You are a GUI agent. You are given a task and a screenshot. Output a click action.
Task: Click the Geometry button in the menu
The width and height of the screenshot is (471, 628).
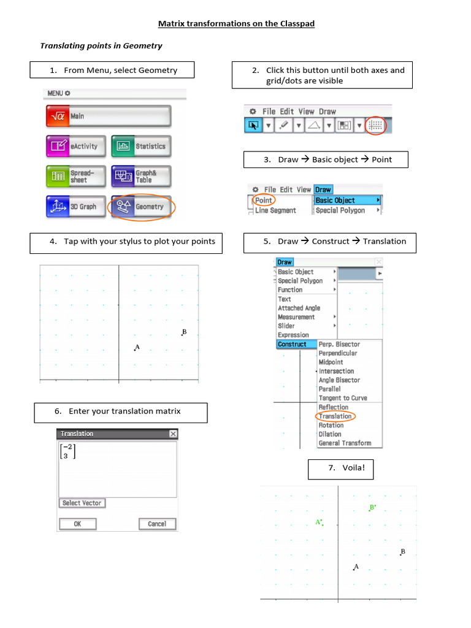tap(141, 207)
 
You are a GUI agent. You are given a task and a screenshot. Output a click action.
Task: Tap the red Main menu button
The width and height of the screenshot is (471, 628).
tap(108, 116)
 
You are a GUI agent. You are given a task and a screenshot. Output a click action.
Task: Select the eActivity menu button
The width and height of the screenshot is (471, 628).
tap(75, 147)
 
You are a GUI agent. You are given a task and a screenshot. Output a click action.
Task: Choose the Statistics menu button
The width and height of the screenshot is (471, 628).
tap(141, 147)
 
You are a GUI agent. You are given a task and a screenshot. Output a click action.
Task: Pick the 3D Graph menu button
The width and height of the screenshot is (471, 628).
tap(75, 207)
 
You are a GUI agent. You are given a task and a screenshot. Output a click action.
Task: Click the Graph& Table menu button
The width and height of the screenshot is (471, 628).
tap(141, 177)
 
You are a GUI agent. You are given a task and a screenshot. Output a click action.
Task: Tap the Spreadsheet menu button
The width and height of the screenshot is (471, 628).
tap(75, 177)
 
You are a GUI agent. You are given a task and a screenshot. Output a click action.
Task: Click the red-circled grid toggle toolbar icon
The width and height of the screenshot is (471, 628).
tap(376, 125)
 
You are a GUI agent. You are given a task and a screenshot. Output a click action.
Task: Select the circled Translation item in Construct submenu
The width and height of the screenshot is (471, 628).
tap(335, 416)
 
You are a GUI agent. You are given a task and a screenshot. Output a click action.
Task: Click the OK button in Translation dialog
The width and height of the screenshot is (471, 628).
tap(77, 524)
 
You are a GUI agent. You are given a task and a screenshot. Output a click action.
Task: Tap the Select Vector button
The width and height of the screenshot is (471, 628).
tap(82, 503)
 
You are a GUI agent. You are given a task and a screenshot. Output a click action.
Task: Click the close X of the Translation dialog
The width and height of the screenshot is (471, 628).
tap(173, 434)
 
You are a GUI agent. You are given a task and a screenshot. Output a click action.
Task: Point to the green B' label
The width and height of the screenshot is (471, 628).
tap(372, 508)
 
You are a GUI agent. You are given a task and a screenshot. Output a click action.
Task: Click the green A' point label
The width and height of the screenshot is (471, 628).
tap(319, 523)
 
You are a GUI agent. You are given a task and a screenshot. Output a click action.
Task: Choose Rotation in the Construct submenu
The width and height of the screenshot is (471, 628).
tap(331, 425)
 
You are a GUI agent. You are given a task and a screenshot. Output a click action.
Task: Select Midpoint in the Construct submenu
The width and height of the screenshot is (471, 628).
tap(331, 362)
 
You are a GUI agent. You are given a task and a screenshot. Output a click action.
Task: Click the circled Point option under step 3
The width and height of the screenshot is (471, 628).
tap(264, 201)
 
